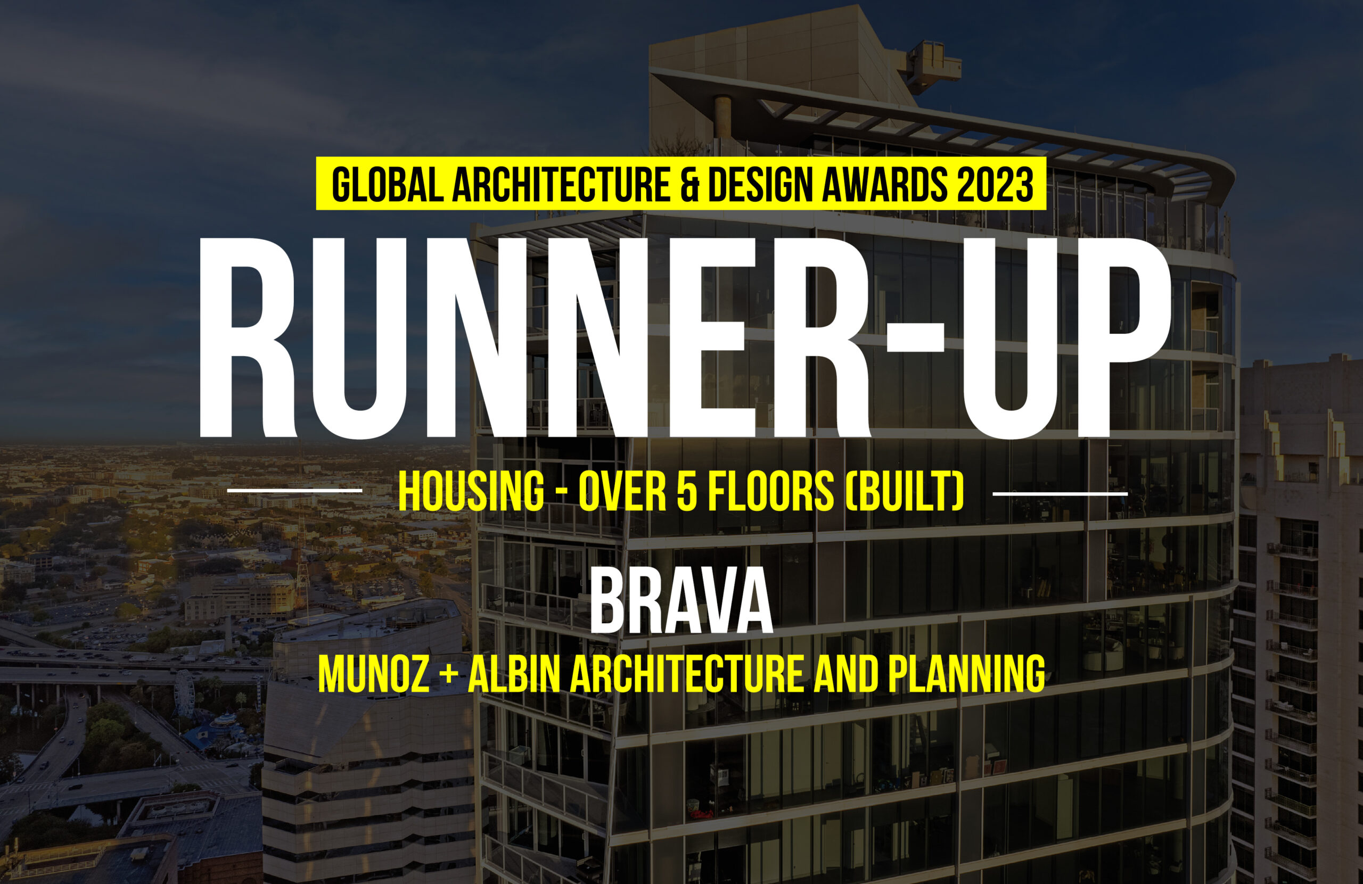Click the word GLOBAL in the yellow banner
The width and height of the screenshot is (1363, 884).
(x=388, y=184)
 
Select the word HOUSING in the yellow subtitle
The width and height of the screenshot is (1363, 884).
(x=471, y=491)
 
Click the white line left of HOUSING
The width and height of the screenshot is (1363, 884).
(x=294, y=490)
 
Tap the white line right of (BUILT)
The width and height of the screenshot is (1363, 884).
(x=1060, y=492)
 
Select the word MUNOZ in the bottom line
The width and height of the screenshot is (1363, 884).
(x=373, y=674)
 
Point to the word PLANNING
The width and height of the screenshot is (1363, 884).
(x=967, y=674)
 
